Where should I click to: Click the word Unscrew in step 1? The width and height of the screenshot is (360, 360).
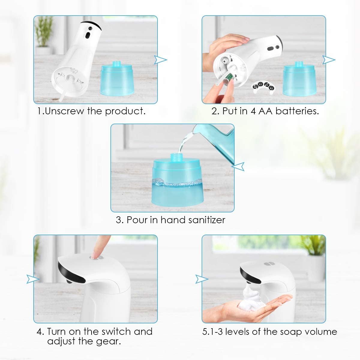tap(64, 111)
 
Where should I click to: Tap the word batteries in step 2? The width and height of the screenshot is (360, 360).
tap(297, 111)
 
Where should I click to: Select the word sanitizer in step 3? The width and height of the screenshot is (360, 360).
tap(207, 220)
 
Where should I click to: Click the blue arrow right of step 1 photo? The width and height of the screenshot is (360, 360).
tap(160, 60)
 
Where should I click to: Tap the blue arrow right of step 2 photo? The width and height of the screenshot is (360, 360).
tap(328, 60)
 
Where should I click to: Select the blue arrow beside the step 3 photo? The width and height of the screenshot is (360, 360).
tap(238, 166)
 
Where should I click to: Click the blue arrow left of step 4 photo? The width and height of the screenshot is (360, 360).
tap(33, 279)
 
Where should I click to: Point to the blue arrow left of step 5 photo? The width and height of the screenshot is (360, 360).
tap(202, 279)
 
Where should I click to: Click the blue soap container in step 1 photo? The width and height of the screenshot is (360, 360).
tap(117, 79)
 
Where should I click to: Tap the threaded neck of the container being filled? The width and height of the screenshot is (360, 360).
tap(175, 157)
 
